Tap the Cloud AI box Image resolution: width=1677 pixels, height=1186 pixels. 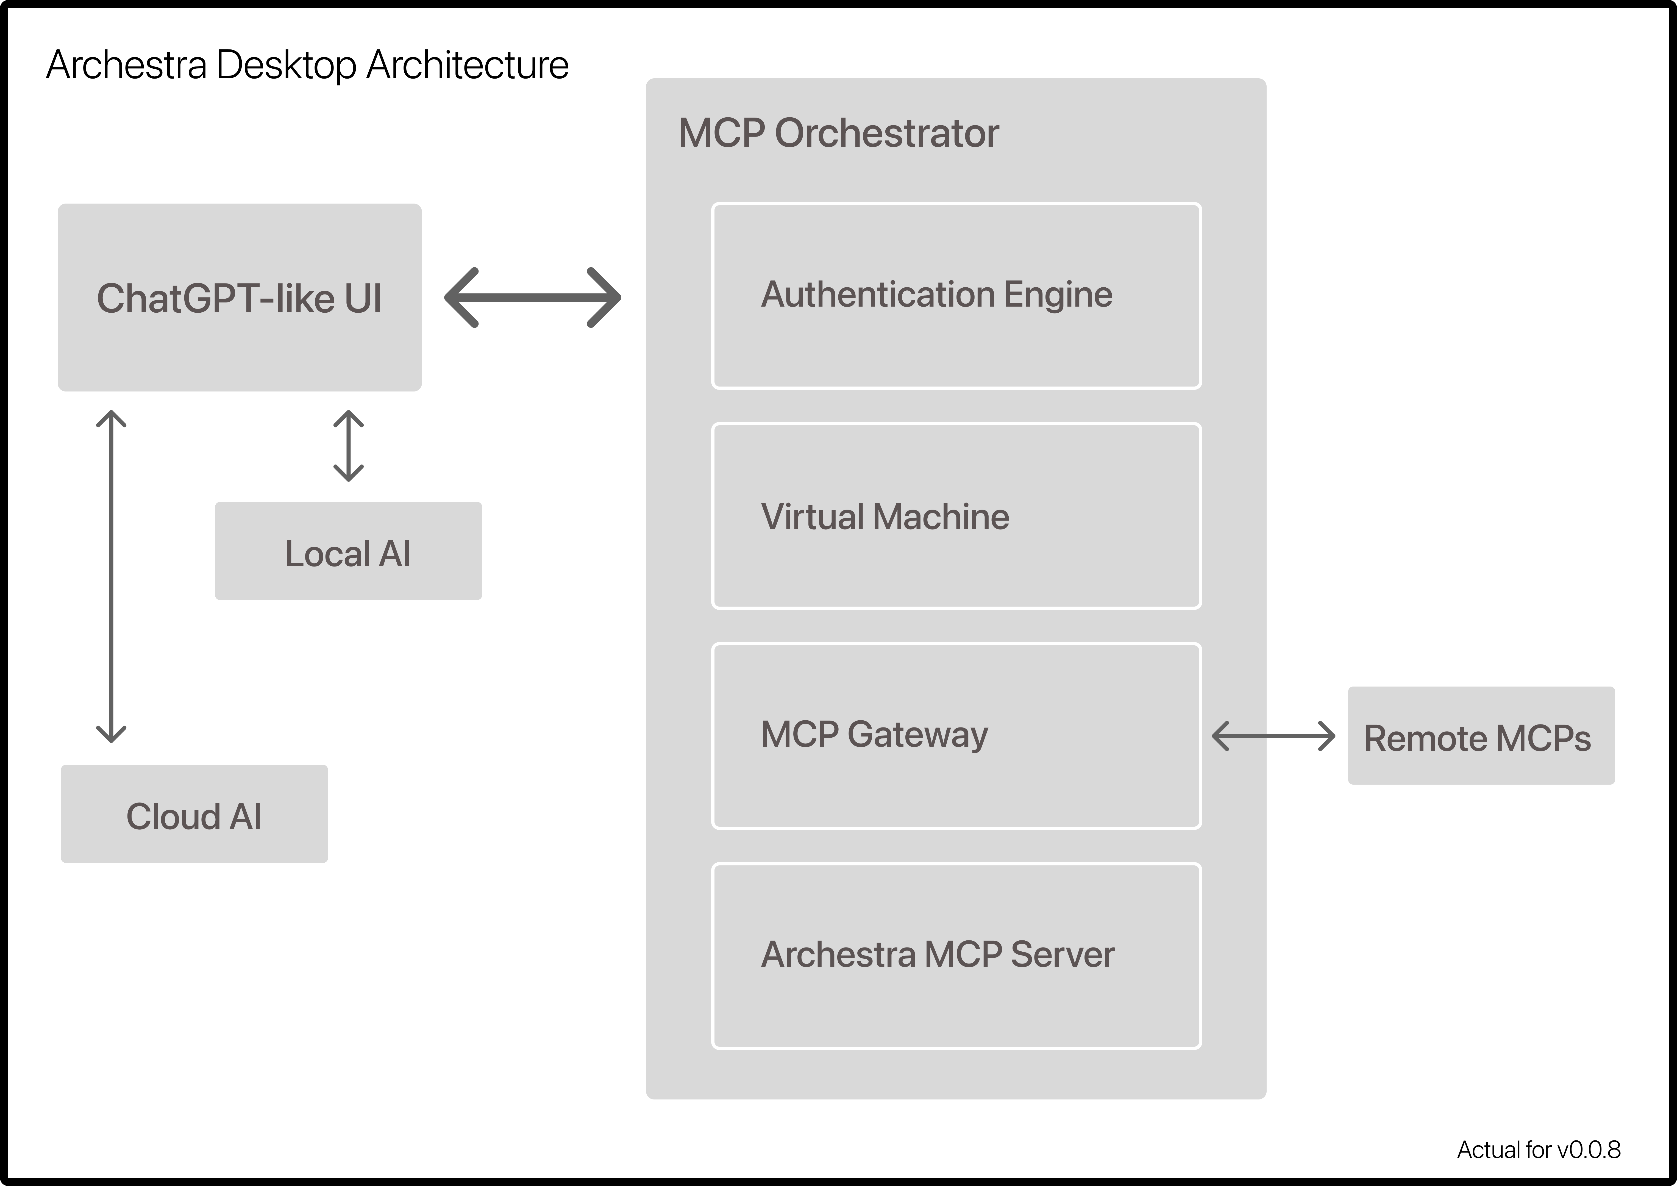coord(194,814)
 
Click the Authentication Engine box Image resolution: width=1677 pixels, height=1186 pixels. coord(956,296)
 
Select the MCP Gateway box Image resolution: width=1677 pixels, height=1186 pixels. coord(956,736)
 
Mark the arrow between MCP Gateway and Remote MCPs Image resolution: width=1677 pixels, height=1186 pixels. coord(1273,736)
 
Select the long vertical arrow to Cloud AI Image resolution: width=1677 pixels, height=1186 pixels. coord(111,577)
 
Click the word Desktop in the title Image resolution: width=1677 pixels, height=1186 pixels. coord(286,66)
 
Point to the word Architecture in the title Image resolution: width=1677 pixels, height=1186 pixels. coord(468,66)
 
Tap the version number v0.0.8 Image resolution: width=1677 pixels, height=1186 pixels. coord(1588,1150)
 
